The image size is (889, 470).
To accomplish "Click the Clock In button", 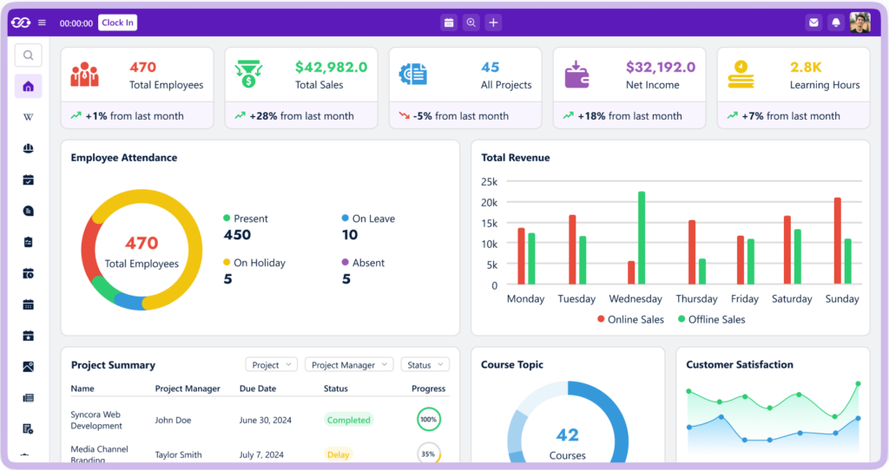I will coord(117,23).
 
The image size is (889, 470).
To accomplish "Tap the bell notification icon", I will coord(835,23).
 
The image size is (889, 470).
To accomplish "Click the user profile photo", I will coord(859,23).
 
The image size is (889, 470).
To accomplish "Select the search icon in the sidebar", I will coord(28,55).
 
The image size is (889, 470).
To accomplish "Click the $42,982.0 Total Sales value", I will coord(331,67).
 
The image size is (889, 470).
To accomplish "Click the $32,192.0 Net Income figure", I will coord(660,67).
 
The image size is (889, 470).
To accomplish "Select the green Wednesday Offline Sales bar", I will coord(642,238).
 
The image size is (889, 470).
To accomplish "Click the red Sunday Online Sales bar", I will coord(838,241).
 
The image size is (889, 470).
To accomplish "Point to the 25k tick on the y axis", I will coord(490,182).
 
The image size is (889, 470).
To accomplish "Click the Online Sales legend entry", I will coord(630,319).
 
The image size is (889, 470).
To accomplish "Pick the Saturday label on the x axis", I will coord(792,299).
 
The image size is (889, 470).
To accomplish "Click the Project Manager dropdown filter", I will coord(349,365).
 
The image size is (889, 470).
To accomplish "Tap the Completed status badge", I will coord(348,420).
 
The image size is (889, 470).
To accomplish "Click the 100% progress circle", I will coord(428,420).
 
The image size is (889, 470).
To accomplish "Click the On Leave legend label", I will coord(373,219).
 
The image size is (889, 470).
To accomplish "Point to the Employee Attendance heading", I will coord(124,158).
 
